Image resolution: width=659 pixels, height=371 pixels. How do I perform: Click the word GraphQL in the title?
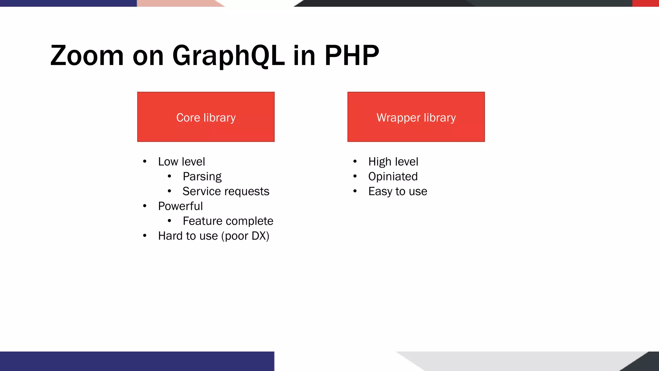point(228,56)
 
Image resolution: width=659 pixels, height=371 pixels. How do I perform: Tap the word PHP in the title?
point(352,56)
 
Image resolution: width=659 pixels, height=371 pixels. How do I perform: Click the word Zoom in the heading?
point(87,56)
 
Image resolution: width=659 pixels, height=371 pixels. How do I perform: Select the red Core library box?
point(206,117)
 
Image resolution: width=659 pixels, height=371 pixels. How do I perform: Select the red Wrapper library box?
point(416,117)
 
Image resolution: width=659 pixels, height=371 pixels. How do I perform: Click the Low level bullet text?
point(181,162)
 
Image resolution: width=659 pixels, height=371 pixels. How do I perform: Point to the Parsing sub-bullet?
point(202,176)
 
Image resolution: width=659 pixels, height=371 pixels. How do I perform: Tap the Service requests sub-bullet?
point(226,191)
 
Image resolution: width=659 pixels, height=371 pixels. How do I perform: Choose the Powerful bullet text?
point(180,206)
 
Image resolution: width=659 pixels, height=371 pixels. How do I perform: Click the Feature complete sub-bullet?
point(228,221)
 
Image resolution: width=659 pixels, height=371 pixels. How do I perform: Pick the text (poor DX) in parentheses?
point(245,236)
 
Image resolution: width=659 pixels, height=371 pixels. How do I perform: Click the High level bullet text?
point(393,162)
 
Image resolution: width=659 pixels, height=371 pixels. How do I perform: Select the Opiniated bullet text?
point(393,176)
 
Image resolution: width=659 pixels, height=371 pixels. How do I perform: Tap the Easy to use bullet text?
point(398,191)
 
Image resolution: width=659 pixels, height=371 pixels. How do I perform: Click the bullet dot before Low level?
point(145,162)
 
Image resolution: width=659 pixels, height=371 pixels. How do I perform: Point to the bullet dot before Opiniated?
point(355,176)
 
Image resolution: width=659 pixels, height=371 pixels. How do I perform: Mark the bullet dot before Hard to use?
point(145,236)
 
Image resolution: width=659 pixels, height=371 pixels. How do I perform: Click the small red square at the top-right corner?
point(645,3)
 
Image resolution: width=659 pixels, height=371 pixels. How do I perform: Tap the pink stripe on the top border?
point(177,3)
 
